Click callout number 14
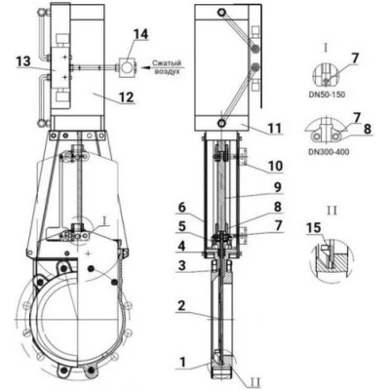pyautogui.click(x=141, y=34)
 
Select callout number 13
pyautogui.click(x=23, y=61)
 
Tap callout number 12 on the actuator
pyautogui.click(x=126, y=97)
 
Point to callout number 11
pyautogui.click(x=275, y=128)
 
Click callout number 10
pyautogui.click(x=276, y=166)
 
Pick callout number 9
pyautogui.click(x=277, y=187)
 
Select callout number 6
pyautogui.click(x=182, y=208)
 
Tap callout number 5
pyautogui.click(x=182, y=226)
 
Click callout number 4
pyautogui.click(x=182, y=246)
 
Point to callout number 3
pyautogui.click(x=182, y=265)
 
